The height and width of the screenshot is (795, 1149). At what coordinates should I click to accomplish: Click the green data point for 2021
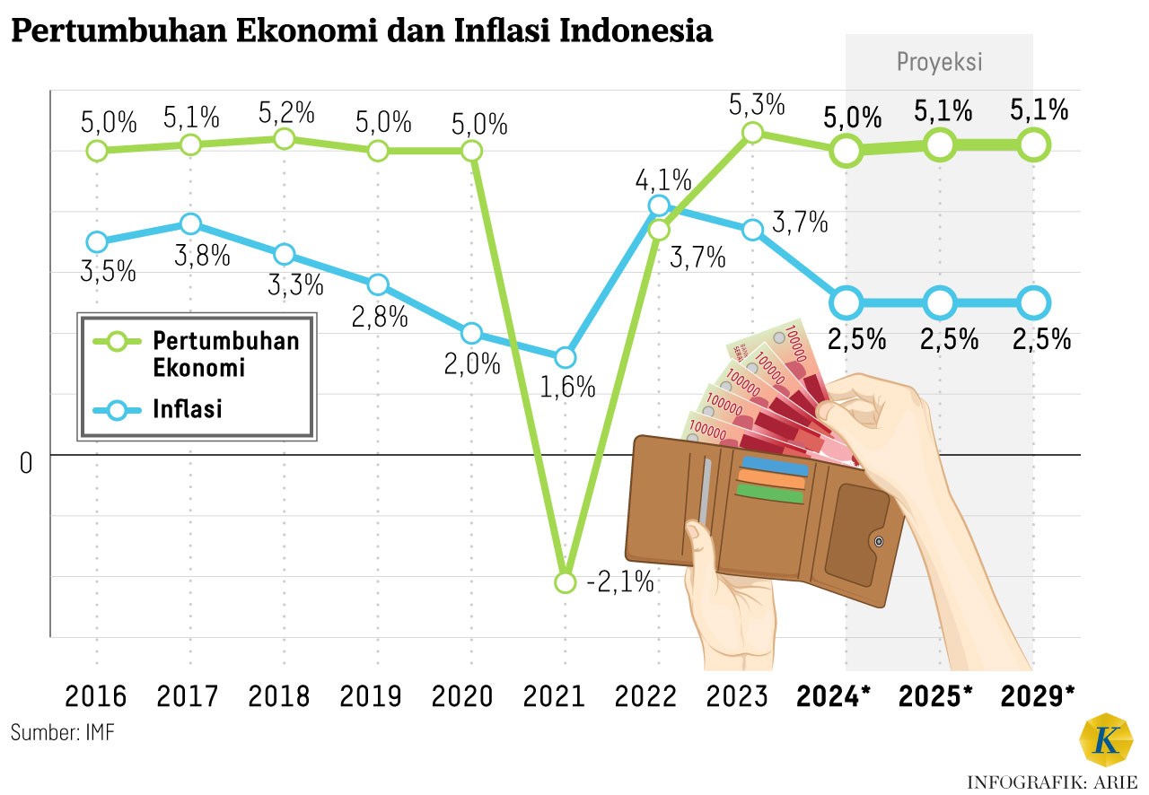pos(565,582)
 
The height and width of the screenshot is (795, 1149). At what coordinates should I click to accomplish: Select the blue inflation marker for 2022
pos(659,205)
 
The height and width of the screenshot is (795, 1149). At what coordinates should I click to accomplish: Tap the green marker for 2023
pos(753,133)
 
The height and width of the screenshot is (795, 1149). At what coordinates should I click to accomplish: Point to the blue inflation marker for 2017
pos(189,223)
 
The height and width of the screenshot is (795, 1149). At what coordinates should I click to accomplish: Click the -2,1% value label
pos(619,583)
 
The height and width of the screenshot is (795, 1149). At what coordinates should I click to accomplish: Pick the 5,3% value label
pos(757,104)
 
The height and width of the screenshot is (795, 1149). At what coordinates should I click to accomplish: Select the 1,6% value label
pos(568,387)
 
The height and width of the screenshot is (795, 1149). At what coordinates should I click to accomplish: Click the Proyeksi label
pos(939,62)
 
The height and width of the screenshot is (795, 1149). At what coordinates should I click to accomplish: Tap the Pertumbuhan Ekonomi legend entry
pos(224,354)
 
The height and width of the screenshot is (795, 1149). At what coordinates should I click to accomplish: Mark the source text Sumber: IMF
pos(63,731)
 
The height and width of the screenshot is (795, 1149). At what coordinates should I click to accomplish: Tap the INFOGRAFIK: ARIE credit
pos(1051,782)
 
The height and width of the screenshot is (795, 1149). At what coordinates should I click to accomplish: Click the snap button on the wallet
pos(878,541)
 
